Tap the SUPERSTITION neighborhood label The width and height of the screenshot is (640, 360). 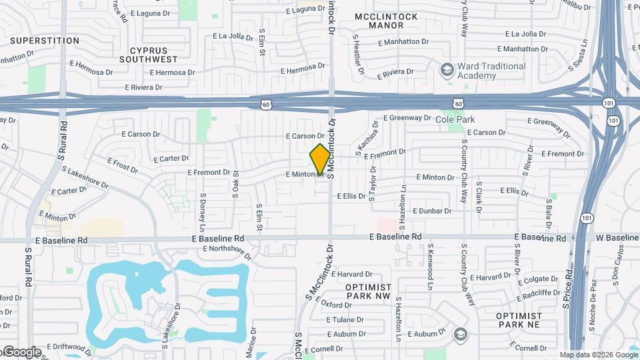[45, 41]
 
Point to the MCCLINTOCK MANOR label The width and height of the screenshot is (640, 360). [387, 21]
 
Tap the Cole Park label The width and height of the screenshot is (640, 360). [456, 119]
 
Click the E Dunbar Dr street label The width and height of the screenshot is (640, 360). [432, 211]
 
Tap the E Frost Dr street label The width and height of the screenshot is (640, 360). [123, 165]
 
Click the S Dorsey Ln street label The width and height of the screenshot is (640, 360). [203, 210]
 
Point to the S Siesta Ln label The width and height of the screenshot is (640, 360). [583, 51]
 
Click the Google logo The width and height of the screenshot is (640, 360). [21, 351]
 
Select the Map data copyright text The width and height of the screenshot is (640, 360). [599, 355]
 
